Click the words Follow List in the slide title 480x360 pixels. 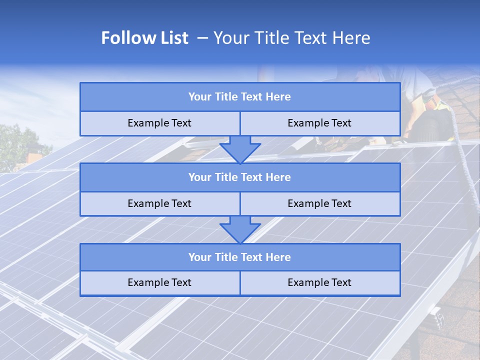[144, 38]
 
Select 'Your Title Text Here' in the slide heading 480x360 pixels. [291, 38]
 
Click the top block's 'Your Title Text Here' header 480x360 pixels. [239, 97]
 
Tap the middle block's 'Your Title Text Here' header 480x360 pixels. [239, 177]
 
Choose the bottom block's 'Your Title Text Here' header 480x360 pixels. [239, 257]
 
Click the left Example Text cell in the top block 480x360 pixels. [159, 123]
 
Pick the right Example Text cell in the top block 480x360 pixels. [319, 123]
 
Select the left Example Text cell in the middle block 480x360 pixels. [159, 203]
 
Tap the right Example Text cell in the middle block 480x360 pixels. [319, 203]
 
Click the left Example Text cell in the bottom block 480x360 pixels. [159, 282]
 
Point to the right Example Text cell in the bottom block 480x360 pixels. [319, 282]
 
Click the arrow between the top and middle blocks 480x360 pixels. [240, 149]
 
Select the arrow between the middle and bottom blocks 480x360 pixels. [240, 229]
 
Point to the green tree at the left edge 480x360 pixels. [17, 145]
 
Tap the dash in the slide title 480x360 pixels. [202, 38]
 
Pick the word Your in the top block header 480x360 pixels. [199, 97]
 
